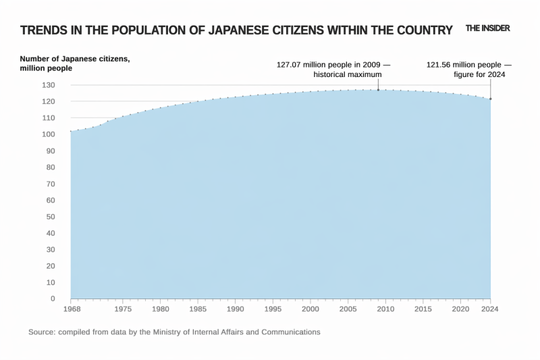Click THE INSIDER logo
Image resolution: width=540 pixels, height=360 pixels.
click(487, 28)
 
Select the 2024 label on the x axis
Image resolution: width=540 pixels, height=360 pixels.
click(490, 309)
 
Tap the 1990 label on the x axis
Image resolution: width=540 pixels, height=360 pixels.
click(235, 309)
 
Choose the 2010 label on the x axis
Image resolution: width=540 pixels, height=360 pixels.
click(385, 309)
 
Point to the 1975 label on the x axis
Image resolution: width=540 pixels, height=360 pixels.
click(123, 309)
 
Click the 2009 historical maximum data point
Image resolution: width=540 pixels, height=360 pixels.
click(378, 90)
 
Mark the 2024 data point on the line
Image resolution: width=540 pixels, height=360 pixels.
click(490, 99)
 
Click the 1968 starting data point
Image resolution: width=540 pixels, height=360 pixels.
click(70, 131)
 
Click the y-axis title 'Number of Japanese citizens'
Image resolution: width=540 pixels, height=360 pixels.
click(74, 59)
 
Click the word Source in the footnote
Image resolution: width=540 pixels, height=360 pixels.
click(42, 332)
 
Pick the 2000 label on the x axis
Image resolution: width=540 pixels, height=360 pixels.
click(310, 309)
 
